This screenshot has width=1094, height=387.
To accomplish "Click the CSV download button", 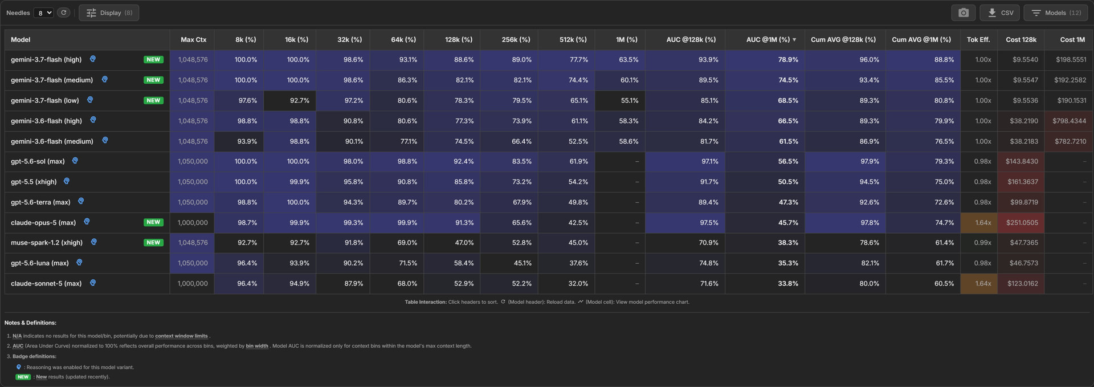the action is tap(1000, 13).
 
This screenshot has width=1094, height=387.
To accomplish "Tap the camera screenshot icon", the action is tap(964, 13).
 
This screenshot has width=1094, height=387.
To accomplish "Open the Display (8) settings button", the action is tap(109, 13).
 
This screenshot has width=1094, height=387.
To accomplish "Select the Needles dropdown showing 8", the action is tap(43, 13).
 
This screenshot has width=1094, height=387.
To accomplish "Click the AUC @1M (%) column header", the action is tap(768, 39).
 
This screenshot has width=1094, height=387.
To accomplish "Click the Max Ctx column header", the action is tap(193, 39).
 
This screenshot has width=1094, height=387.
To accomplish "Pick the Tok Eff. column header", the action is tap(978, 39).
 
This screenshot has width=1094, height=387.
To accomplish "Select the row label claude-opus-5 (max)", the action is tap(43, 222).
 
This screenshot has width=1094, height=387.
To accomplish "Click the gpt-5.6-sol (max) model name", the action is tap(38, 161).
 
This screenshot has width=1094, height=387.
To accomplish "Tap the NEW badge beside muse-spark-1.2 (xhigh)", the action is tap(153, 243).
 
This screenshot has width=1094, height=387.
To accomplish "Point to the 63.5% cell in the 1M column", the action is tap(628, 59).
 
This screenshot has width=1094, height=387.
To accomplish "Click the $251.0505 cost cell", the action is tap(1022, 222).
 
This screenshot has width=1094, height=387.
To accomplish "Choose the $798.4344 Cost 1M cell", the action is tap(1069, 121).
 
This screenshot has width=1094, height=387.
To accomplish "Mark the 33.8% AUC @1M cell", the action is tap(788, 283).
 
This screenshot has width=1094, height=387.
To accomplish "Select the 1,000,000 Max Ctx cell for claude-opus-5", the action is tap(193, 222).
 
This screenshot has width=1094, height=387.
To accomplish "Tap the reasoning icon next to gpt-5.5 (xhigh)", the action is tap(67, 181).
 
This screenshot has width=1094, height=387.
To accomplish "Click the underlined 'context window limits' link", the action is tap(181, 336).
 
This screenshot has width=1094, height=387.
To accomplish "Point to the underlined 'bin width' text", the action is tap(257, 346).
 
